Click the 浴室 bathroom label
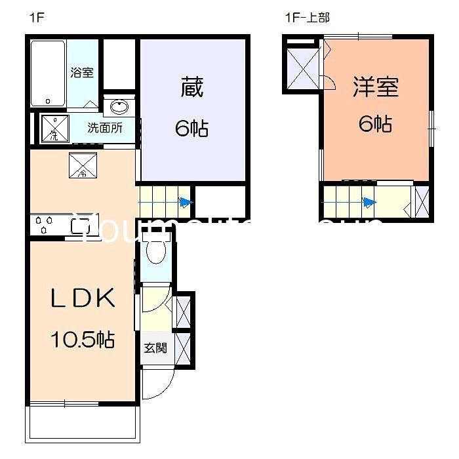82,71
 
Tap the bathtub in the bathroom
48,73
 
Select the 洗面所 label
105,128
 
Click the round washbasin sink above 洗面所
119,108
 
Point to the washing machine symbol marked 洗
55,128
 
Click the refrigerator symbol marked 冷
83,166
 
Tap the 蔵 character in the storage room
191,87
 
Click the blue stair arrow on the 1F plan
186,203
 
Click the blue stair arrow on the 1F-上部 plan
370,202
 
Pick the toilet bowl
155,252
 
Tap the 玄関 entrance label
155,347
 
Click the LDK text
83,298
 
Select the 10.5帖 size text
83,339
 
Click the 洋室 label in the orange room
376,87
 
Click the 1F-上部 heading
306,18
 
